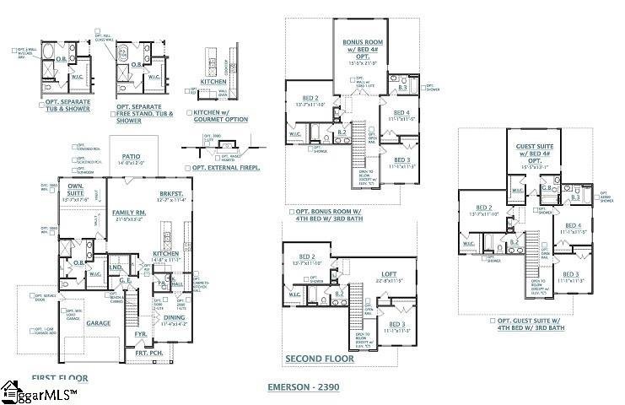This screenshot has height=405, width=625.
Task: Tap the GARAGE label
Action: [98, 322]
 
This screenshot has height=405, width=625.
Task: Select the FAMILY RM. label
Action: [130, 213]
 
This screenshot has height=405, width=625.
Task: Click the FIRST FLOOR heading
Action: [59, 379]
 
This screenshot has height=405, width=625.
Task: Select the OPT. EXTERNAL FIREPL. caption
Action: [225, 167]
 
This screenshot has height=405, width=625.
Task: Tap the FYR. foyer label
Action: [141, 334]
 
